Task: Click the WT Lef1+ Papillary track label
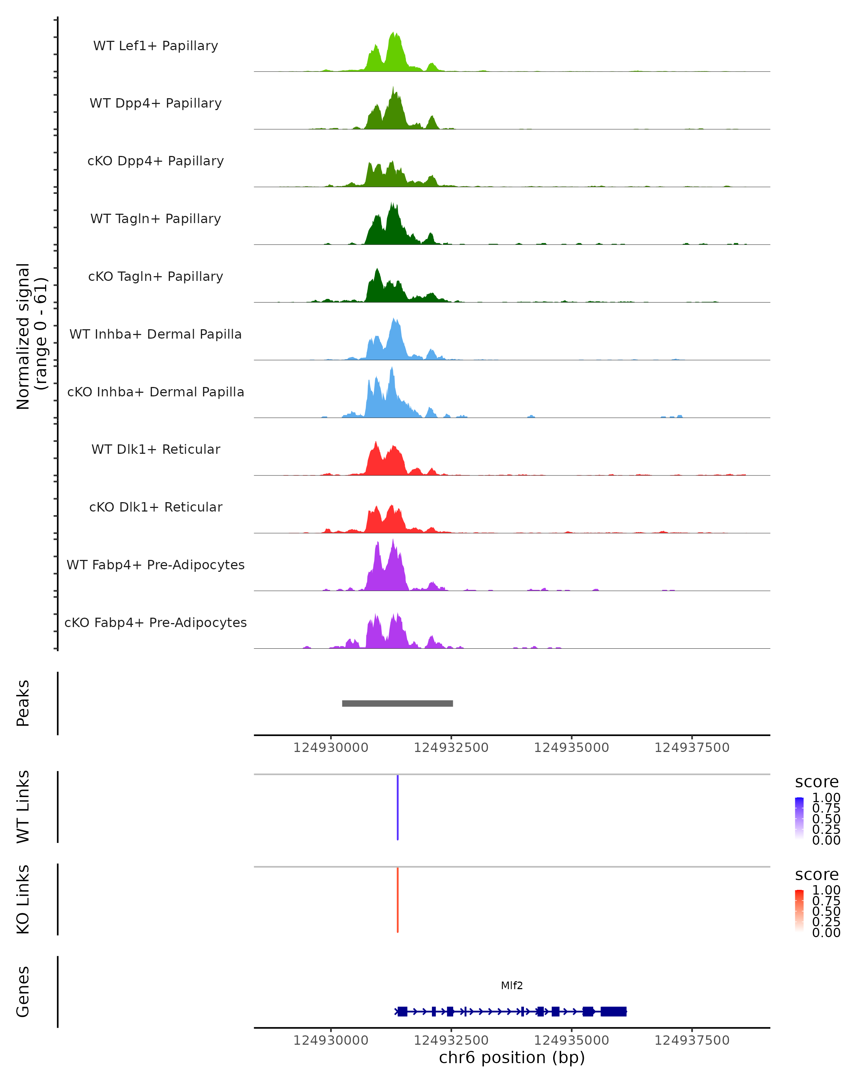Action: tap(156, 46)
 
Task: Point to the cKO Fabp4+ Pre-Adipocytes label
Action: tap(156, 622)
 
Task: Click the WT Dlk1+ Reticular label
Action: tap(156, 449)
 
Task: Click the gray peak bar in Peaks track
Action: tap(397, 703)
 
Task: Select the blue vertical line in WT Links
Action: tap(398, 807)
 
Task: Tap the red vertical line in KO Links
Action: tap(398, 900)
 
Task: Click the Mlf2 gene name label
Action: tap(512, 986)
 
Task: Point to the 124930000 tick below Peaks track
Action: tap(331, 748)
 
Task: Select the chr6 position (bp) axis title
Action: tap(512, 1058)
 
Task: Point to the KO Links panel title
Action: tap(23, 899)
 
